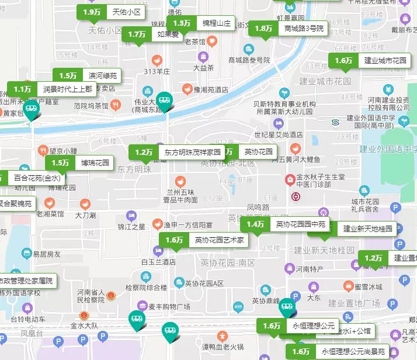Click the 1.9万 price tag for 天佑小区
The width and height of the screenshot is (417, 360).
coord(112,12)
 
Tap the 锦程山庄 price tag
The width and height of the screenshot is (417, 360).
coord(201,24)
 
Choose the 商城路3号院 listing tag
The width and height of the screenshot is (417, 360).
coord(289,29)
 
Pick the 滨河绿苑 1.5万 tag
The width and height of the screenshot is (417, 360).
coord(87,76)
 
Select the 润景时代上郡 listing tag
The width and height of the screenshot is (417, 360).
coord(52,89)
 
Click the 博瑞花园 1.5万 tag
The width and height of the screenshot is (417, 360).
coord(80,163)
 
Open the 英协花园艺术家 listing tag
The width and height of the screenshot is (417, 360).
coord(204,240)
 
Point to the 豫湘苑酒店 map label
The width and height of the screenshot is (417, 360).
coord(211,90)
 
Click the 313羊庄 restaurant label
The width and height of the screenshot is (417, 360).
coord(157,71)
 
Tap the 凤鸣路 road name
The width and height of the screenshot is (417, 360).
coord(258,207)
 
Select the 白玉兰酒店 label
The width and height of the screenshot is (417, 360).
coord(158,262)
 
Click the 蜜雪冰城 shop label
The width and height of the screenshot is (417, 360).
coord(368,287)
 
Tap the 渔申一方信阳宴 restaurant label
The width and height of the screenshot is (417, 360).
coord(187,224)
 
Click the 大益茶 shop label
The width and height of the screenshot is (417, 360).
coord(204,67)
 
